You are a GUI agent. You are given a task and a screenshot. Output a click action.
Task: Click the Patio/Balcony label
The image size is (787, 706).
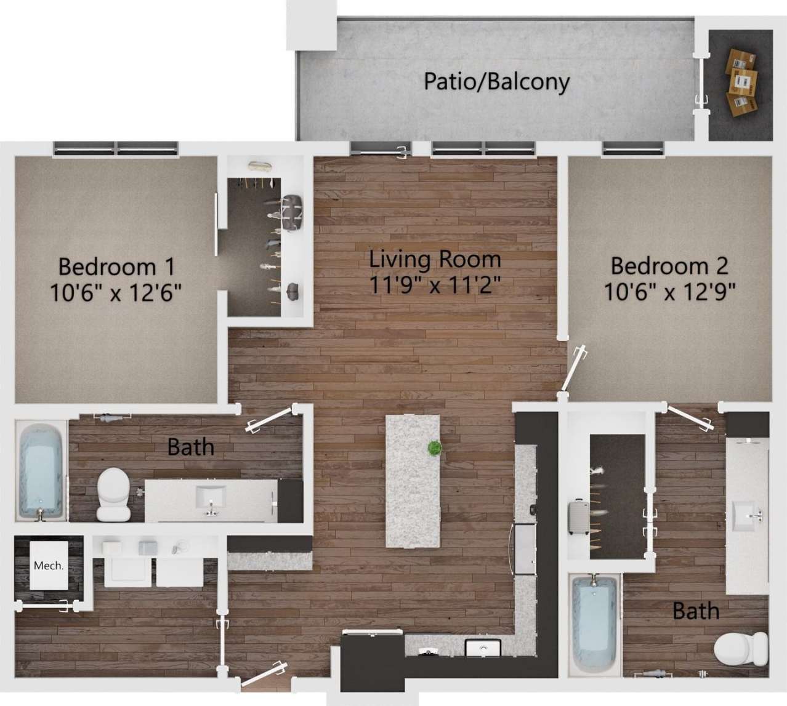tap(496, 81)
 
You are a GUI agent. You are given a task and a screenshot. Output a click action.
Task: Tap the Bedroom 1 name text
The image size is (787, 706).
tap(116, 267)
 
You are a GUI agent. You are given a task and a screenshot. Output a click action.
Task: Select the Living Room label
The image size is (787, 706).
tap(435, 259)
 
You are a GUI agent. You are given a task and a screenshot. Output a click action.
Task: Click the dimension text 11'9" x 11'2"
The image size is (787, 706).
tap(435, 284)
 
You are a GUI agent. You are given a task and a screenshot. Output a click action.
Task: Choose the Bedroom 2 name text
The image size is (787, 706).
tap(669, 265)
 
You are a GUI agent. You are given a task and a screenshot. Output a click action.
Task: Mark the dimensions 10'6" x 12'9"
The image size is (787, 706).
tap(669, 291)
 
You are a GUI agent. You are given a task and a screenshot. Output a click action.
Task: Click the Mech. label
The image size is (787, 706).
tap(49, 566)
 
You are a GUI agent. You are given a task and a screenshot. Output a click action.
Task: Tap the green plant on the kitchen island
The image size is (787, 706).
tap(435, 448)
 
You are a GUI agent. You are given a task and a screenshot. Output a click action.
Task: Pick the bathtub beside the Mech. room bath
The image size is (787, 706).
tap(41, 469)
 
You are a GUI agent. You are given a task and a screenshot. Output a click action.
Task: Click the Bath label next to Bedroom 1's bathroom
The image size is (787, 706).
tap(191, 446)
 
